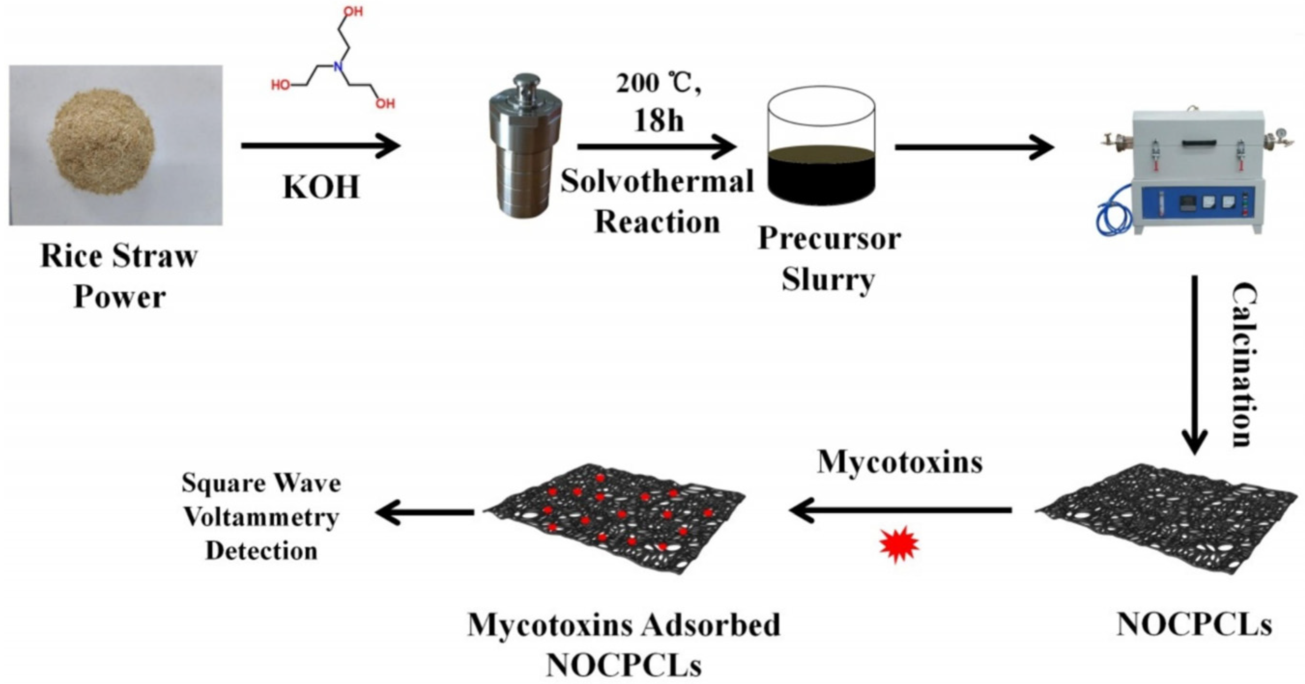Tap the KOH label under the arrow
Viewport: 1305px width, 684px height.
[321, 187]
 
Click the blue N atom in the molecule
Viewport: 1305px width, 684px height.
[339, 66]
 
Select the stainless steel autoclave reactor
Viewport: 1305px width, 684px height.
[525, 147]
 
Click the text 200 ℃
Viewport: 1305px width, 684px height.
[659, 84]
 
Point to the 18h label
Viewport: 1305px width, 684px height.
[659, 121]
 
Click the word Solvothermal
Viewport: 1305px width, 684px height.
[657, 182]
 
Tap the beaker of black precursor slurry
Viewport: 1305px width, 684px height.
[821, 152]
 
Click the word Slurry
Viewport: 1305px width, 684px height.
[828, 279]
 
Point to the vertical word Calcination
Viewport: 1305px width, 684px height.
[1244, 365]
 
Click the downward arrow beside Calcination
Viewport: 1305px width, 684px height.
[1194, 365]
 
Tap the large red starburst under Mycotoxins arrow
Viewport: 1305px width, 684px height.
[899, 545]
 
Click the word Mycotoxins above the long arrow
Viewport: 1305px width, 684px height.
[900, 462]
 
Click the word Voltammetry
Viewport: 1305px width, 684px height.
[261, 517]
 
